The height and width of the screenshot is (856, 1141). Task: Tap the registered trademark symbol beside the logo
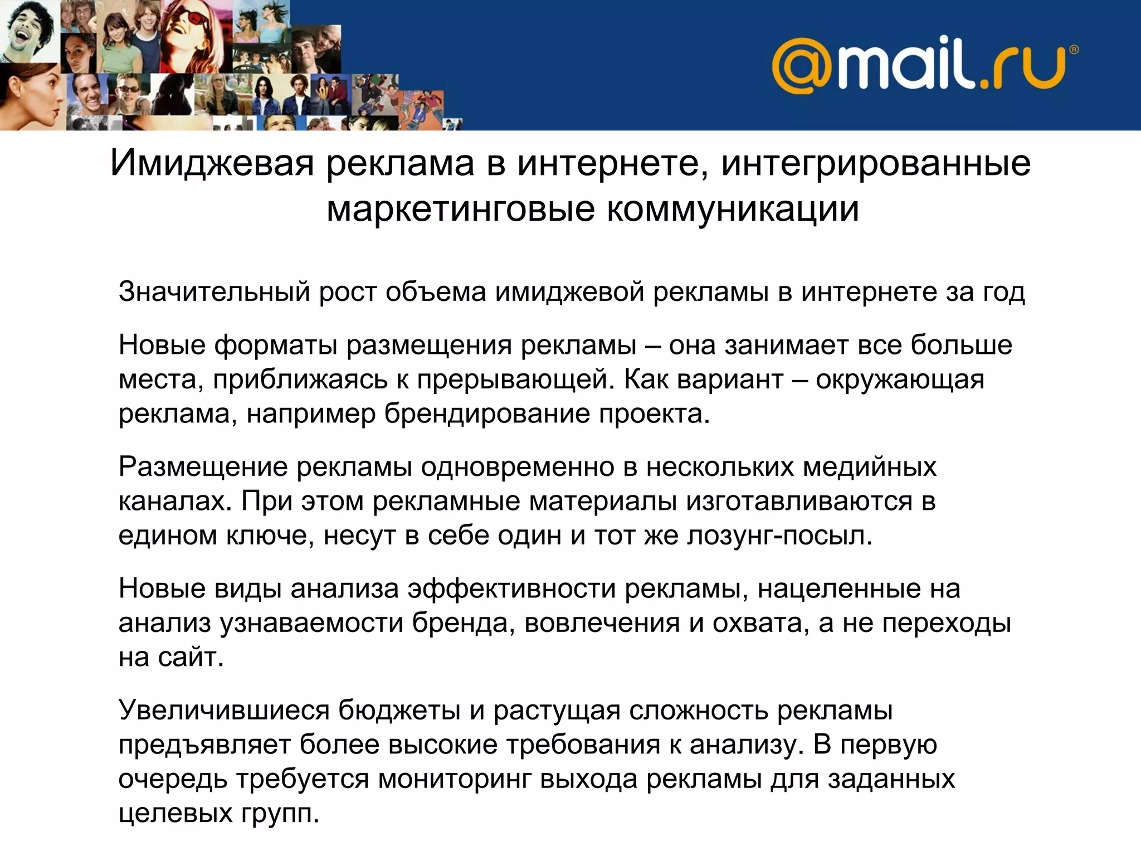(1074, 50)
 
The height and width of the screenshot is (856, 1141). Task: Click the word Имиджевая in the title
(212, 163)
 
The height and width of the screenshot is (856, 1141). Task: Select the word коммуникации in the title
(732, 209)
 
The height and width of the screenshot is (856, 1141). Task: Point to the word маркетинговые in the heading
(460, 209)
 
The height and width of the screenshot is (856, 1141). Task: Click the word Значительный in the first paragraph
(214, 292)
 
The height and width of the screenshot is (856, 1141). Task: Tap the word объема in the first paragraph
(435, 292)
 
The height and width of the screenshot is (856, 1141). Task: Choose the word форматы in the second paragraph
(275, 346)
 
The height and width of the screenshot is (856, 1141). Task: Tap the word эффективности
(511, 589)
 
